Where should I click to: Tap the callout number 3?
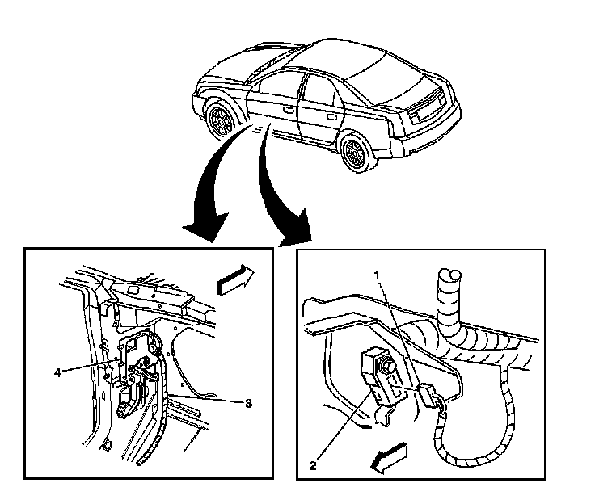pyautogui.click(x=248, y=403)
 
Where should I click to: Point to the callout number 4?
pyautogui.click(x=57, y=372)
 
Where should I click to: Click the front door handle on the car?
pyautogui.click(x=288, y=107)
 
